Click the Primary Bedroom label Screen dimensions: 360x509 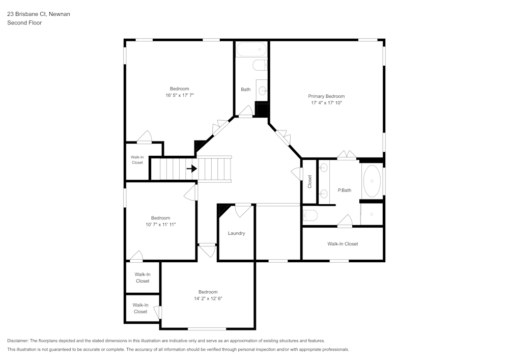[x=326, y=96]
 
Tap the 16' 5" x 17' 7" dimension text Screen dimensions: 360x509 [x=180, y=95]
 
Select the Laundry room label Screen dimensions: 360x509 [x=236, y=233]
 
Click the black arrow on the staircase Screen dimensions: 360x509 [x=191, y=169]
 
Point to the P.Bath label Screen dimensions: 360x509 [x=345, y=190]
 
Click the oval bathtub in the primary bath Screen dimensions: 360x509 [x=372, y=181]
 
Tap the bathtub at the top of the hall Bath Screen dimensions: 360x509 [x=252, y=49]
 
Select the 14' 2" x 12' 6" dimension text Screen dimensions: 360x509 [x=208, y=298]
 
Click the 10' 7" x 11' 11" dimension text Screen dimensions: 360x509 [x=160, y=224]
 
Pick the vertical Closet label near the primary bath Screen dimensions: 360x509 [x=309, y=182]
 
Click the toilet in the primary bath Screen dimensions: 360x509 [x=310, y=215]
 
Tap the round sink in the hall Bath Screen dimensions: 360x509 [x=263, y=91]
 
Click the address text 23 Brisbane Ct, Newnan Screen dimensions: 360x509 [x=39, y=14]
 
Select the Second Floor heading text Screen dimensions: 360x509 [x=24, y=23]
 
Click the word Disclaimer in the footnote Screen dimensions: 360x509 [x=18, y=341]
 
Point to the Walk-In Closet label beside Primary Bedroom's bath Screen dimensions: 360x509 [x=343, y=244]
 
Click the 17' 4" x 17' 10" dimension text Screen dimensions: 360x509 [x=326, y=103]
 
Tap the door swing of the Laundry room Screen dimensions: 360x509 [x=243, y=209]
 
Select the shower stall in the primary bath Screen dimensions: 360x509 [x=372, y=214]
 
